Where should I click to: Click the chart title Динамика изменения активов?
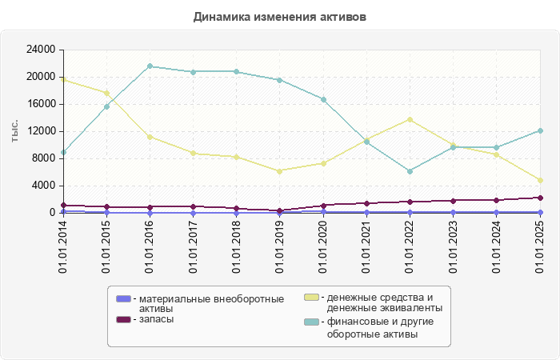point(280,17)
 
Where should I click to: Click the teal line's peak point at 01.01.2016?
point(150,66)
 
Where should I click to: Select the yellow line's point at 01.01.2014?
point(63,79)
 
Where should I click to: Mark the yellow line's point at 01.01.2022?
point(410,120)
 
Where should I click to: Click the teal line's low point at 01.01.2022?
point(410,171)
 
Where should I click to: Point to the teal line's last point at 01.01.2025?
point(540,130)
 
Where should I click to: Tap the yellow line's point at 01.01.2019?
point(280,171)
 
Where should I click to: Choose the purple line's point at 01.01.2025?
point(540,198)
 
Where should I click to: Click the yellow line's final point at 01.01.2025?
point(540,181)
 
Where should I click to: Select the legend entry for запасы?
point(157,319)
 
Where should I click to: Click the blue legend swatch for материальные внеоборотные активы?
point(123,299)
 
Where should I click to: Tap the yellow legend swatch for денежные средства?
point(312,298)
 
